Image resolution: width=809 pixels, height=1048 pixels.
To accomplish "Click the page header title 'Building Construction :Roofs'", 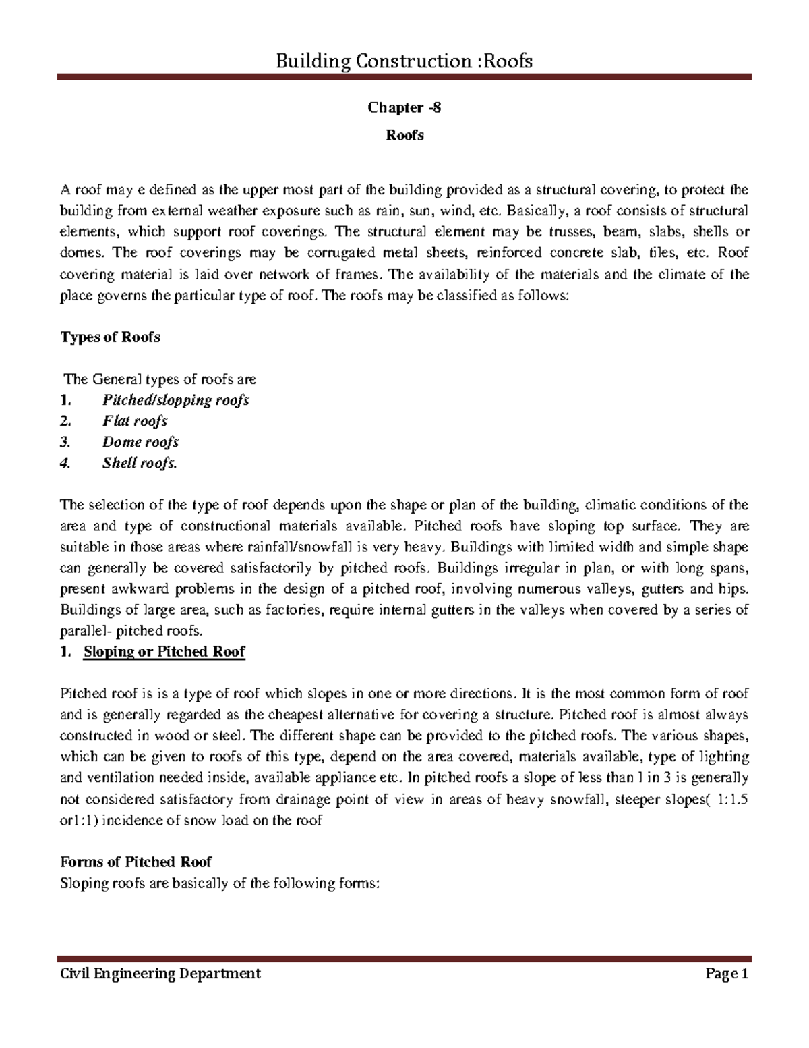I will pyautogui.click(x=404, y=61).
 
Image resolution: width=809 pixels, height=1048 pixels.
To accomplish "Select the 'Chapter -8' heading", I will pyautogui.click(x=404, y=107).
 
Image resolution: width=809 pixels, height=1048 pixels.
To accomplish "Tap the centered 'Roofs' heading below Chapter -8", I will pyautogui.click(x=404, y=135).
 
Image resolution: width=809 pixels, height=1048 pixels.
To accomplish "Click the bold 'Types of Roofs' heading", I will pyautogui.click(x=110, y=337).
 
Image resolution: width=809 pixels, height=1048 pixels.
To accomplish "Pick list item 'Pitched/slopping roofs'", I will pyautogui.click(x=175, y=400).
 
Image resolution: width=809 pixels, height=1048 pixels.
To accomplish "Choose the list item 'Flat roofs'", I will pyautogui.click(x=135, y=421).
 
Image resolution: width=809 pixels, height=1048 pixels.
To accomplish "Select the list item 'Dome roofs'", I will pyautogui.click(x=140, y=442).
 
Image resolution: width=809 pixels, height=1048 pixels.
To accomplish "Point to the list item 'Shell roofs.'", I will pyautogui.click(x=140, y=463).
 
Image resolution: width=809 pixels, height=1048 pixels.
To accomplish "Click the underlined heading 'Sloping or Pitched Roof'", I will pyautogui.click(x=164, y=652).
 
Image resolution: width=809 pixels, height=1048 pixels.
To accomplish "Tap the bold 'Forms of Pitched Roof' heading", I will pyautogui.click(x=136, y=862).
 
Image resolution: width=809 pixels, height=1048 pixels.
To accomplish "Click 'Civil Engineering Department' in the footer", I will pyautogui.click(x=160, y=973).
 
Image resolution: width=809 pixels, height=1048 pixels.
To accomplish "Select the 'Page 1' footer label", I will pyautogui.click(x=727, y=973).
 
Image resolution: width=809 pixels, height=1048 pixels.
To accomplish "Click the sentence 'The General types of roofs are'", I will pyautogui.click(x=160, y=379).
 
